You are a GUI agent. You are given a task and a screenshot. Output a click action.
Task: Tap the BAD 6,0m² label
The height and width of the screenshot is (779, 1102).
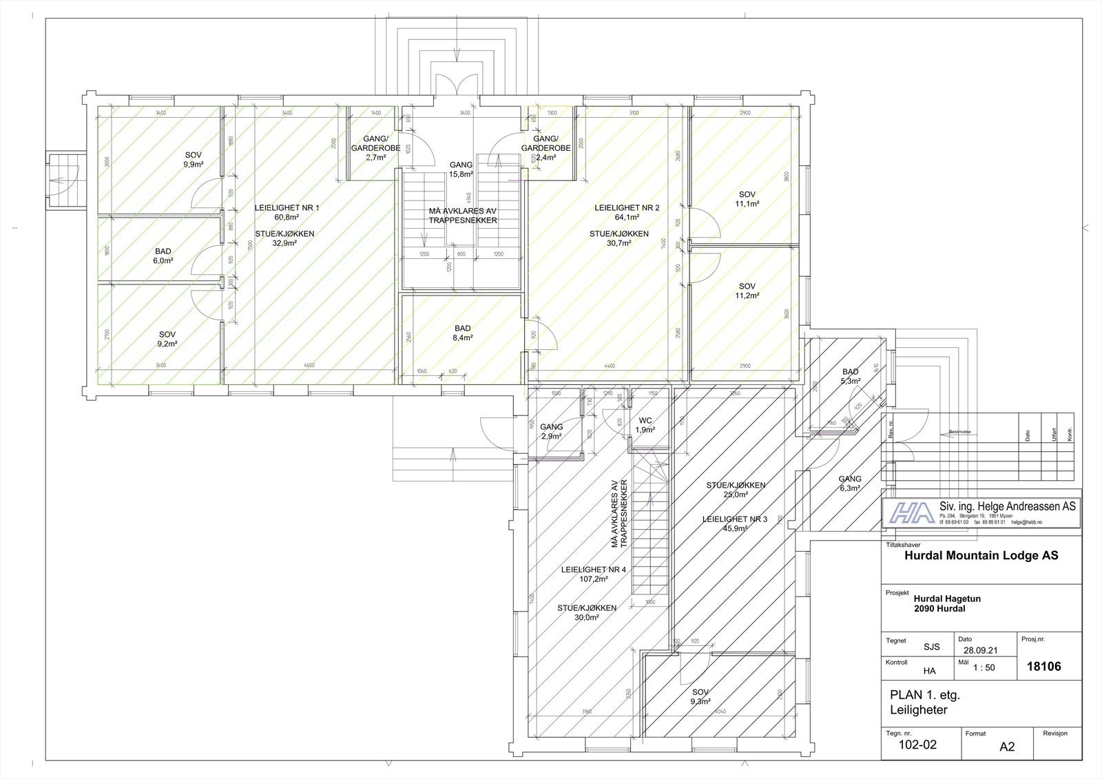coord(163,256)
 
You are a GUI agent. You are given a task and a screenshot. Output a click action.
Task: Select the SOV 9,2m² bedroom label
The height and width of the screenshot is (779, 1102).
coord(167,339)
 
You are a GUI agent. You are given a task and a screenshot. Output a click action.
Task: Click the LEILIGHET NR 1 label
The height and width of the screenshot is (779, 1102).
coord(287,212)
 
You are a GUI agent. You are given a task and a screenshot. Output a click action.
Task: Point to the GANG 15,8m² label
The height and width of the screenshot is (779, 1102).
coord(461,169)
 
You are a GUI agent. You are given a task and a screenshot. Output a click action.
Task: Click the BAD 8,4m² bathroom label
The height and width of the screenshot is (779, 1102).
coord(462,333)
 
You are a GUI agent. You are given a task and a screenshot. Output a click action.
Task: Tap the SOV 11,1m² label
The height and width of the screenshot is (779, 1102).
coord(747,199)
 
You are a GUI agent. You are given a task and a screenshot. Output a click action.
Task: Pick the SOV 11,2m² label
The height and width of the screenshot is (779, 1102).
coord(747,291)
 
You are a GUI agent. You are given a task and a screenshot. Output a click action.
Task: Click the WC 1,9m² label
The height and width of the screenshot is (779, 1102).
coord(645,425)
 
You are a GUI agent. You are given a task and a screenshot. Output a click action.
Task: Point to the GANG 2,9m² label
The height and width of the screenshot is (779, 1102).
coord(552,432)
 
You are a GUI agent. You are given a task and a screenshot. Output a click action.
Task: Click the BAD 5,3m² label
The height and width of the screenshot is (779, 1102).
coord(851,376)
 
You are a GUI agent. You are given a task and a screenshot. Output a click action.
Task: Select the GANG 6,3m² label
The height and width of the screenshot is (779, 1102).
coord(850,484)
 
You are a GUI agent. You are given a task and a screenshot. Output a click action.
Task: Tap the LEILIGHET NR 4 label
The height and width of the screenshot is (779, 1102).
coord(584,574)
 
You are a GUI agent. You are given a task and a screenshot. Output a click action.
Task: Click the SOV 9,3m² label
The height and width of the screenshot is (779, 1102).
coord(700,697)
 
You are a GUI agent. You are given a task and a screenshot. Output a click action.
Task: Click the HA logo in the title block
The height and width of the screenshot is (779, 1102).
coord(908,512)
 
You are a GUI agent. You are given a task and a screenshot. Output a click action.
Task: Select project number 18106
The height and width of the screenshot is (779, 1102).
coord(1043,667)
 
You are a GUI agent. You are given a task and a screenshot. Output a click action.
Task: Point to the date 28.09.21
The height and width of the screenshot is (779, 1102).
coord(980,650)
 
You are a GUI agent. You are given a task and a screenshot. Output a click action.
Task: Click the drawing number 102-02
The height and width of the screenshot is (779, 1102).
coord(918,745)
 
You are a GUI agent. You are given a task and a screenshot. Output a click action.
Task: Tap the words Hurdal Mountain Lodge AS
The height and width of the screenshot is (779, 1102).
coord(981,555)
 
